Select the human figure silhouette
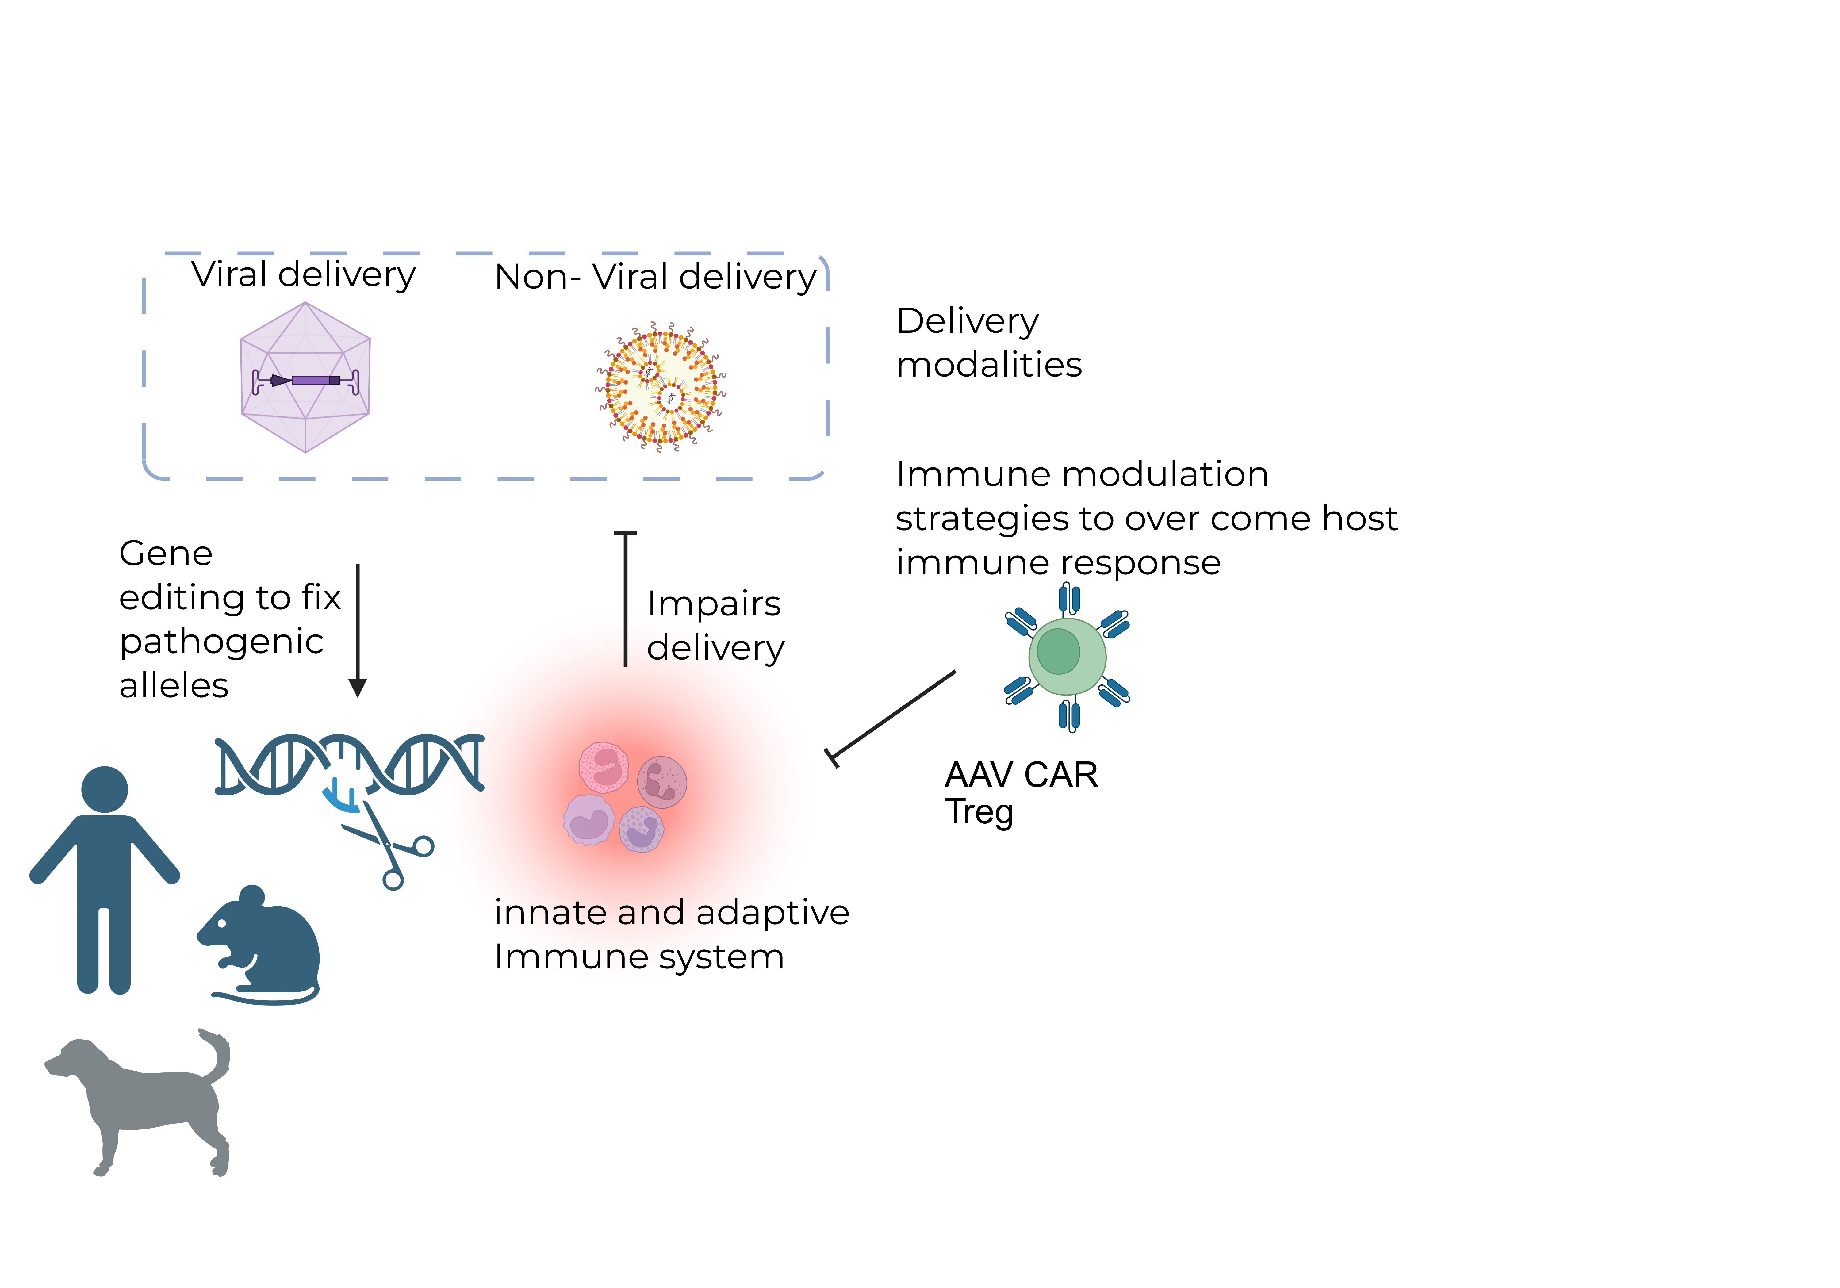pyautogui.click(x=104, y=882)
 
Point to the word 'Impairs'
pyautogui.click(x=713, y=604)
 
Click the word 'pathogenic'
pyautogui.click(x=221, y=641)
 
